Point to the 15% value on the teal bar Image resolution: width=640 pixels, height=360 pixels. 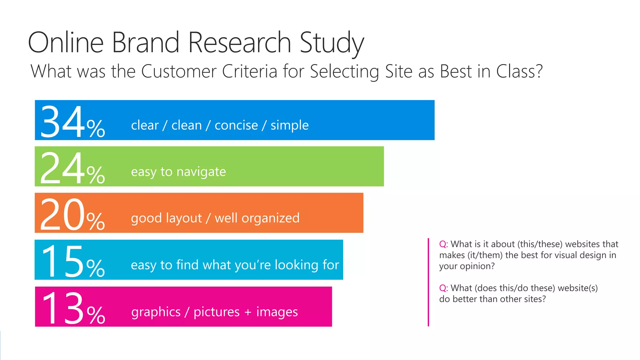pyautogui.click(x=72, y=262)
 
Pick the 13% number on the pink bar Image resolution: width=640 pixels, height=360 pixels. pyautogui.click(x=73, y=309)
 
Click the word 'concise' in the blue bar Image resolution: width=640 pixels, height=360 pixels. pyautogui.click(x=236, y=125)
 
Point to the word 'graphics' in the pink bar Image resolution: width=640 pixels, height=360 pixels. pyautogui.click(x=156, y=312)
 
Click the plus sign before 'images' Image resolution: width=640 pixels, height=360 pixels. pyautogui.click(x=248, y=312)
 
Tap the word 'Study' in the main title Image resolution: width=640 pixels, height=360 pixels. pyautogui.click(x=332, y=43)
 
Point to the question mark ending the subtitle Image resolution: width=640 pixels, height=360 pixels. pyautogui.click(x=539, y=71)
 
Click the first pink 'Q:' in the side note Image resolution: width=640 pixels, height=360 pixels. pyautogui.click(x=443, y=244)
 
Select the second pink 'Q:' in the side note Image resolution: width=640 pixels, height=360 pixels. pyautogui.click(x=443, y=288)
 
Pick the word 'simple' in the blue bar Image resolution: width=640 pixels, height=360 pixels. pyautogui.click(x=289, y=125)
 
